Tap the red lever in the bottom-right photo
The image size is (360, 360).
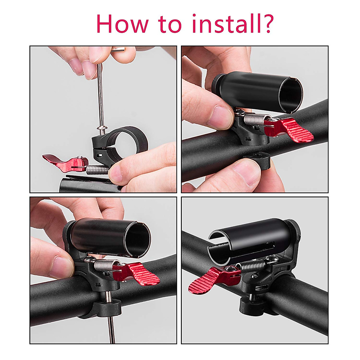pyautogui.click(x=210, y=279)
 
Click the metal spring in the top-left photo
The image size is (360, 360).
pyautogui.click(x=97, y=170)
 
